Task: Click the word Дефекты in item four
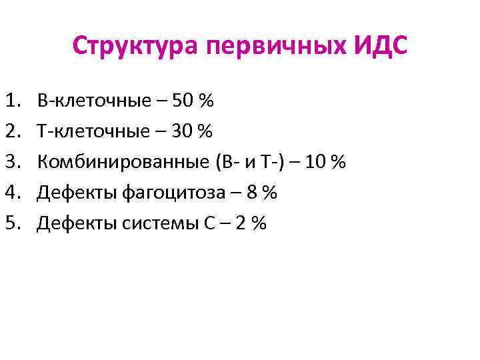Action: [x=77, y=193]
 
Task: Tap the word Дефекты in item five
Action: [x=77, y=223]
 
